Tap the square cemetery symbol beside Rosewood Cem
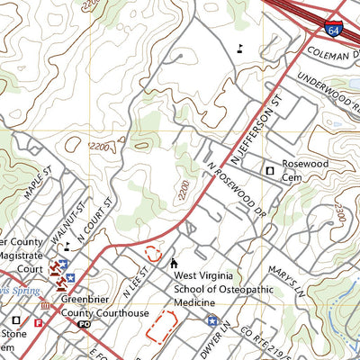[267, 169]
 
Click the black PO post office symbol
[84, 324]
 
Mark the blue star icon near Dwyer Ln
[211, 320]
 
